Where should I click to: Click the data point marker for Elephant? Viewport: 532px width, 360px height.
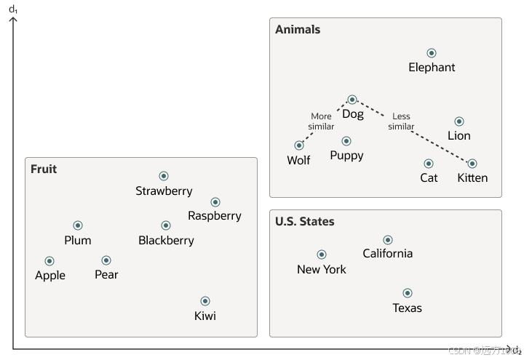[432, 53]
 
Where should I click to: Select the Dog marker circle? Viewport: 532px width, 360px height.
[352, 100]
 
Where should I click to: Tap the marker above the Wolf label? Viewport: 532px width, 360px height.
[299, 145]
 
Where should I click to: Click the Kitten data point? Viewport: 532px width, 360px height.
[472, 164]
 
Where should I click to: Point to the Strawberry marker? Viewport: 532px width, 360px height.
[164, 176]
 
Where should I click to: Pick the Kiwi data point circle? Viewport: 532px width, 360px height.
[205, 301]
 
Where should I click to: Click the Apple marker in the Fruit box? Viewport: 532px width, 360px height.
[49, 261]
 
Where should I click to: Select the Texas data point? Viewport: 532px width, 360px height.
[408, 293]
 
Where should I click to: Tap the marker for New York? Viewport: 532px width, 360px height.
[322, 255]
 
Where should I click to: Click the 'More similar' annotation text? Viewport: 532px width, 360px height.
[321, 121]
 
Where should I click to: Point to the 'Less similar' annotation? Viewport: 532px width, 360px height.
[401, 121]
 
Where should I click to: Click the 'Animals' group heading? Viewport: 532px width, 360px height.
[298, 30]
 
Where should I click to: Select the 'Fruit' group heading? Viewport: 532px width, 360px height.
[44, 169]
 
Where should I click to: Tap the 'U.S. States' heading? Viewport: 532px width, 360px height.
[305, 221]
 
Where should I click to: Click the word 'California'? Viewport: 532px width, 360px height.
[388, 254]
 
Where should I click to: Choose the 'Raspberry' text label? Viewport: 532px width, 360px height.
[215, 216]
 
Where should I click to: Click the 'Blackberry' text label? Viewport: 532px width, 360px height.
[167, 241]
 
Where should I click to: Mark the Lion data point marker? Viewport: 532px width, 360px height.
[459, 121]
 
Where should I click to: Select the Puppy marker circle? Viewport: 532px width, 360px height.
[346, 141]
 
